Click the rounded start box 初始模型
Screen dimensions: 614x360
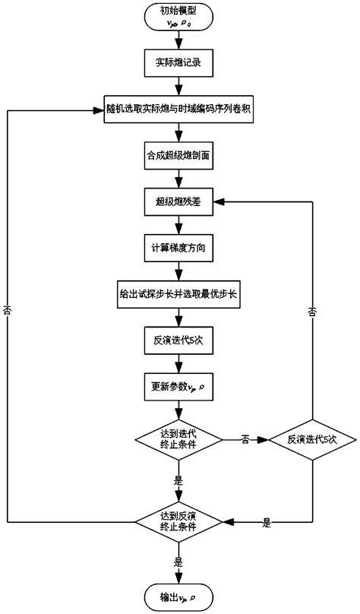(x=178, y=17)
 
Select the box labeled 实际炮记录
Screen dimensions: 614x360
(x=178, y=62)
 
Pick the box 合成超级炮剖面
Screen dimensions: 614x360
(x=178, y=156)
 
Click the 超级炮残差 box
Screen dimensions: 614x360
(x=178, y=202)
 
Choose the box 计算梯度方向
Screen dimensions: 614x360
(x=178, y=248)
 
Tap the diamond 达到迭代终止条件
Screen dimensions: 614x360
(x=178, y=438)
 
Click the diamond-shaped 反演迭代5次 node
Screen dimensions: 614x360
(x=312, y=438)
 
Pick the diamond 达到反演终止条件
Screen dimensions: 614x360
(x=178, y=522)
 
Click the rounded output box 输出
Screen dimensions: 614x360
(x=178, y=595)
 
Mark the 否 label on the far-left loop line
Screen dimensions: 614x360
(x=8, y=312)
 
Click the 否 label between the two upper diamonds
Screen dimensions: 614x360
(x=245, y=439)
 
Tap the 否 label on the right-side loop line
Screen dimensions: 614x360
(x=312, y=312)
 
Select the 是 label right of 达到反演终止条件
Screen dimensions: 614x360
(x=267, y=523)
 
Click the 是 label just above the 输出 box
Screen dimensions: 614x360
(x=178, y=564)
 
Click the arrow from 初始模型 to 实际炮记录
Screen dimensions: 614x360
(x=178, y=40)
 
